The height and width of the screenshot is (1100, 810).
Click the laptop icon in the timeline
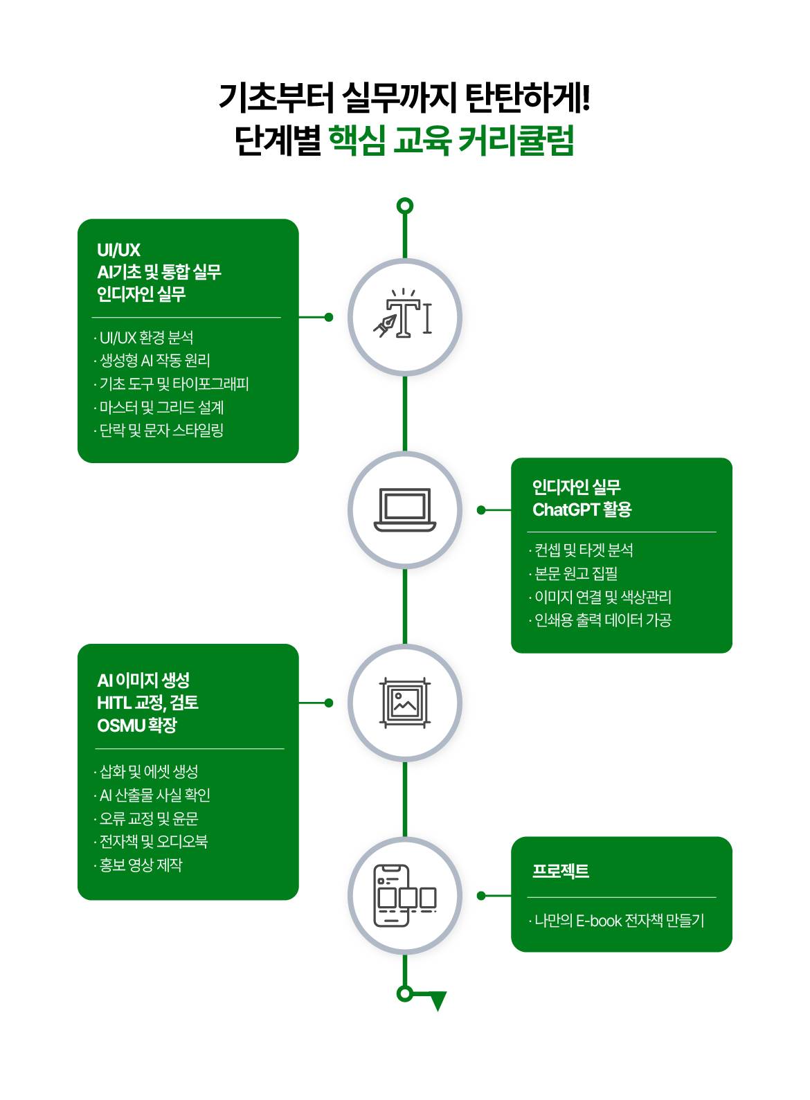[x=405, y=510]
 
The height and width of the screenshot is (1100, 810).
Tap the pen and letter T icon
[x=405, y=317]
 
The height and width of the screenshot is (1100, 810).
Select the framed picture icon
[x=405, y=703]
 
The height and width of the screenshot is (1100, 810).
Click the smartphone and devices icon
[x=405, y=896]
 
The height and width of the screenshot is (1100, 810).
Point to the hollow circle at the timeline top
[x=405, y=206]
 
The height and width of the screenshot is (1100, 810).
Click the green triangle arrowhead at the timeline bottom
[x=438, y=1000]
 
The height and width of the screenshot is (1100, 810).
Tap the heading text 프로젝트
[x=561, y=871]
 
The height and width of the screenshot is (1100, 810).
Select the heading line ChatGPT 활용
[x=582, y=510]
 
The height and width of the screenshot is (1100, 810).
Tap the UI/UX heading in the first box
[x=118, y=250]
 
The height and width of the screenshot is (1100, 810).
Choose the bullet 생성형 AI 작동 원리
[x=154, y=361]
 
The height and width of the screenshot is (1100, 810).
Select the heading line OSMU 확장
[x=136, y=725]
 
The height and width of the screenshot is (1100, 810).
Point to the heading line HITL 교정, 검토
[x=147, y=703]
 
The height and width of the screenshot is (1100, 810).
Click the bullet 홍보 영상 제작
[x=141, y=865]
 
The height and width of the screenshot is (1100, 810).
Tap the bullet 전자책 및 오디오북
[x=153, y=842]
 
